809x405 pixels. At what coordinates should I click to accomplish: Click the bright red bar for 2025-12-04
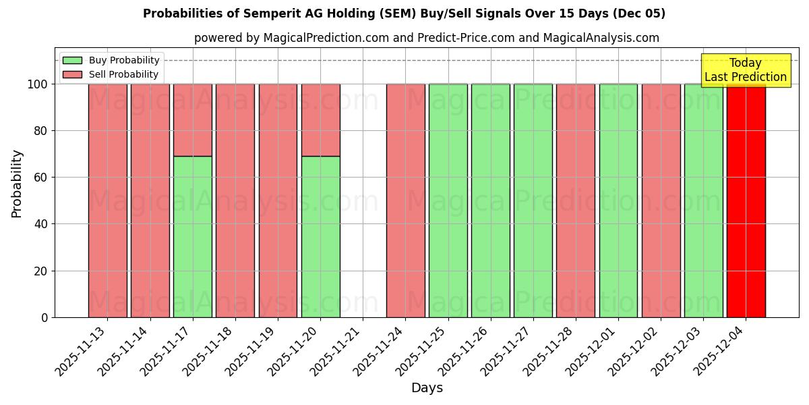pyautogui.click(x=746, y=202)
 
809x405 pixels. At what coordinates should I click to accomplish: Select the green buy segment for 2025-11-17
pyautogui.click(x=192, y=236)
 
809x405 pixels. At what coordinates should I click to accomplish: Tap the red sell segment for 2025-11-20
pyautogui.click(x=320, y=119)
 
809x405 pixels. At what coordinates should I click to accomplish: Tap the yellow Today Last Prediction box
pyautogui.click(x=746, y=70)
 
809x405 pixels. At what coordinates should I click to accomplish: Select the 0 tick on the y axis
pyautogui.click(x=44, y=317)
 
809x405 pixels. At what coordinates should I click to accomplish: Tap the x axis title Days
pyautogui.click(x=427, y=388)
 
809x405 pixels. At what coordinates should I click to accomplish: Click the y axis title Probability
pyautogui.click(x=17, y=183)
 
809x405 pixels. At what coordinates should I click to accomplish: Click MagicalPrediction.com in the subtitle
pyautogui.click(x=326, y=38)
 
